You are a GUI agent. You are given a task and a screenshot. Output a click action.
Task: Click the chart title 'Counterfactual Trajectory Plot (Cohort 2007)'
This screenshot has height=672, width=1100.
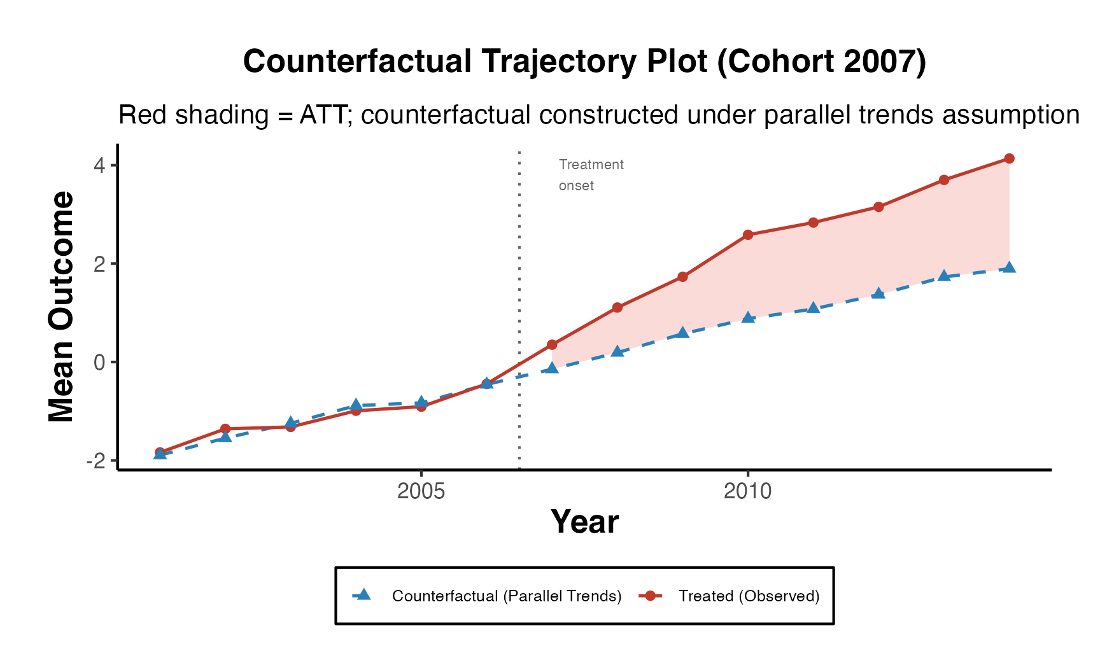584,62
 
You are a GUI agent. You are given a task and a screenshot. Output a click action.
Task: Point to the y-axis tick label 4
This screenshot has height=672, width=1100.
99,165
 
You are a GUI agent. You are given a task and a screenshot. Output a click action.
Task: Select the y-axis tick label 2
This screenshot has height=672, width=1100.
99,264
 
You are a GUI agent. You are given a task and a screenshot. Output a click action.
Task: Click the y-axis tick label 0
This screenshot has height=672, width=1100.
99,363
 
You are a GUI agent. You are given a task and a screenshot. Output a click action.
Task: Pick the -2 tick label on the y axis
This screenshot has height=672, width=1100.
96,461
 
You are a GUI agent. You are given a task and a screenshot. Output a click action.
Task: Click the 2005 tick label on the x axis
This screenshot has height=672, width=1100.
421,491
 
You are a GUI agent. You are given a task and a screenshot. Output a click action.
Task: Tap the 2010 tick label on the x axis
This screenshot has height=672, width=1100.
747,491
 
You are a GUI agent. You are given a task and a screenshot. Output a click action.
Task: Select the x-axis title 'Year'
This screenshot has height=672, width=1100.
584,522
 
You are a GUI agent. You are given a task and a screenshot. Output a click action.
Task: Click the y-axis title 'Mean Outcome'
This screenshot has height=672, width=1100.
62,307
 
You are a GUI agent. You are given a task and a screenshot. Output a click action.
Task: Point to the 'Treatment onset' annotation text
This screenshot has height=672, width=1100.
591,175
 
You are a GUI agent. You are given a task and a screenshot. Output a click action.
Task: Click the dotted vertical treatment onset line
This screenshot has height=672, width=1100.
519,286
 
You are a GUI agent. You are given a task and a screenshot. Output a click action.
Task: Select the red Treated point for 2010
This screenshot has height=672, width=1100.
748,235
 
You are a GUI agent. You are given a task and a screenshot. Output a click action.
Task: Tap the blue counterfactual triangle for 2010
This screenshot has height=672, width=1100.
748,317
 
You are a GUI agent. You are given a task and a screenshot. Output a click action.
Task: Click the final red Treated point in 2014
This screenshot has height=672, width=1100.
1009,158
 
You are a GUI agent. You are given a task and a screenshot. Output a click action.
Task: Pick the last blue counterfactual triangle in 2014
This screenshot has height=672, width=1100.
1009,267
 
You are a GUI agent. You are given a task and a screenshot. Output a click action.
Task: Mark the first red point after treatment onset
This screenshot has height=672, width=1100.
552,345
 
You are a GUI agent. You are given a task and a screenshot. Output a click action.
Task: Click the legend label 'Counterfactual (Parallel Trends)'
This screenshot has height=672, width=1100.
507,596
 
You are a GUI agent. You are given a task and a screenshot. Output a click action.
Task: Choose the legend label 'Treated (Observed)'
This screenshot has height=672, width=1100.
749,596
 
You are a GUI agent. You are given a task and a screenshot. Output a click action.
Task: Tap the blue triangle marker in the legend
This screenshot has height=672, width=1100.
363,595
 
